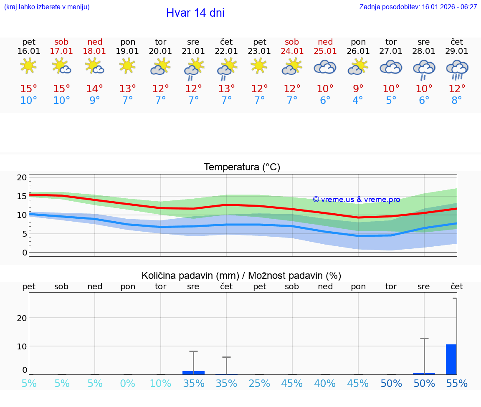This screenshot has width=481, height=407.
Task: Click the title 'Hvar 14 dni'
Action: pyautogui.click(x=195, y=13)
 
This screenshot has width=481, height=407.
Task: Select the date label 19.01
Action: pyautogui.click(x=128, y=51)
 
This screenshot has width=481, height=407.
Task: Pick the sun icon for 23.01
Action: pyautogui.click(x=259, y=66)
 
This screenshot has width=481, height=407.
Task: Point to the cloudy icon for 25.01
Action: pyautogui.click(x=325, y=67)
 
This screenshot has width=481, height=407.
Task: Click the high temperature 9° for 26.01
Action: pyautogui.click(x=358, y=89)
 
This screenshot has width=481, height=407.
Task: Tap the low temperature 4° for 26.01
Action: pyautogui.click(x=358, y=101)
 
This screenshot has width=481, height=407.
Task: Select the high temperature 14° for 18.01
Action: pyautogui.click(x=95, y=89)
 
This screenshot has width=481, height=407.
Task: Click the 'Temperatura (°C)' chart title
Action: pyautogui.click(x=242, y=167)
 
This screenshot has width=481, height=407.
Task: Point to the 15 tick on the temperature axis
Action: pyautogui.click(x=22, y=196)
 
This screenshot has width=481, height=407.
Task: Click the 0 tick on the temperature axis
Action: pyautogui.click(x=24, y=253)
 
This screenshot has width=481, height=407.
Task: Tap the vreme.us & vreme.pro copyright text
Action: pyautogui.click(x=356, y=200)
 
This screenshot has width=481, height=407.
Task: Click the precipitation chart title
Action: pyautogui.click(x=241, y=276)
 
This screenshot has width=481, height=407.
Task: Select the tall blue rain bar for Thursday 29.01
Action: pyautogui.click(x=451, y=359)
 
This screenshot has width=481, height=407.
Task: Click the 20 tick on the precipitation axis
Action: pyautogui.click(x=22, y=318)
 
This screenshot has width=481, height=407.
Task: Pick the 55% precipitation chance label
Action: pyautogui.click(x=457, y=384)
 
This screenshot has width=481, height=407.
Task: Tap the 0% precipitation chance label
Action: pyautogui.click(x=128, y=384)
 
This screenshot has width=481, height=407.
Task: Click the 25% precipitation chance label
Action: pyautogui.click(x=259, y=384)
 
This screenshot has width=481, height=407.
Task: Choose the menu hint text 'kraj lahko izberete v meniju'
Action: pyautogui.click(x=47, y=7)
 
